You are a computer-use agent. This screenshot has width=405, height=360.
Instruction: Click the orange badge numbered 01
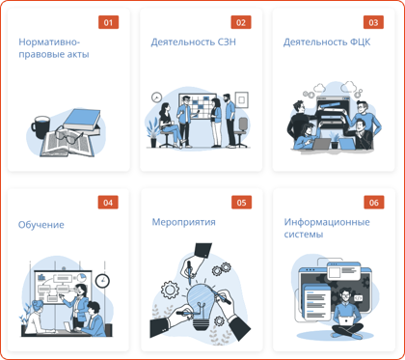point(108,22)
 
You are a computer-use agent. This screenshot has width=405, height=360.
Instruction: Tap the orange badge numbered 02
point(240,22)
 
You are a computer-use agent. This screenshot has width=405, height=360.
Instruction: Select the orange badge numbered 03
point(372,22)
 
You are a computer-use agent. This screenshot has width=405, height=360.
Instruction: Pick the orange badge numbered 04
point(108,203)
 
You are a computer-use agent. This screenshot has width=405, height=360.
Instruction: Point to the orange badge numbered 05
point(240,203)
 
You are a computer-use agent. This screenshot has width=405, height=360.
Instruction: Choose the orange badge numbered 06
point(372,203)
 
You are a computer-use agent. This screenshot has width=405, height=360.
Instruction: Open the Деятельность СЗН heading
point(193,42)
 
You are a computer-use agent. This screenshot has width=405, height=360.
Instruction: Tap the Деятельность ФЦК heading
point(326,42)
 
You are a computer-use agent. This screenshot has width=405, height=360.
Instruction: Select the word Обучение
point(41,225)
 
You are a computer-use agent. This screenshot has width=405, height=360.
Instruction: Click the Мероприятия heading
point(183,222)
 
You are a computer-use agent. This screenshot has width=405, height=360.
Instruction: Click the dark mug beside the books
point(40,126)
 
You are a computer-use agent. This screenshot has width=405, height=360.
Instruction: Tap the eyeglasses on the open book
point(63,138)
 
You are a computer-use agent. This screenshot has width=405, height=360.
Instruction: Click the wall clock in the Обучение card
point(102,280)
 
